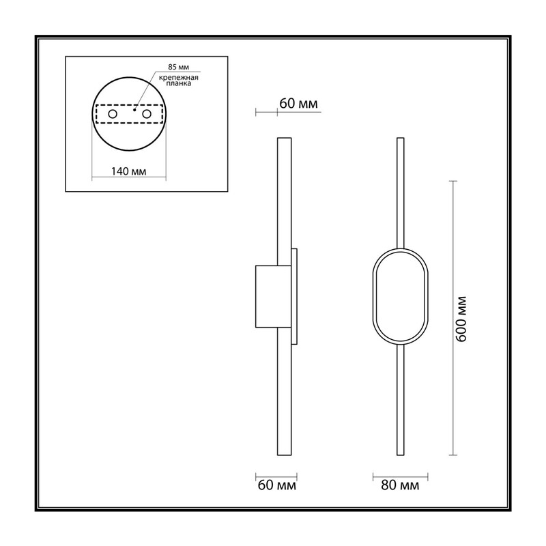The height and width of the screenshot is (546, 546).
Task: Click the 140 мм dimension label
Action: click(128, 171)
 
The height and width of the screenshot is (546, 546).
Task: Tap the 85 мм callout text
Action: click(179, 67)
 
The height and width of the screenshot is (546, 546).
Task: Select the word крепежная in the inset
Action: click(179, 78)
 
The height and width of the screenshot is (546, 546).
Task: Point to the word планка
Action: click(179, 83)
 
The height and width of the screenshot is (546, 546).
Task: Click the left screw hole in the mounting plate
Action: click(113, 114)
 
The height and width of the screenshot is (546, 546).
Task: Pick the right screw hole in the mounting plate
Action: click(147, 114)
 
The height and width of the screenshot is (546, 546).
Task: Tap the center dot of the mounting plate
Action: click(134, 110)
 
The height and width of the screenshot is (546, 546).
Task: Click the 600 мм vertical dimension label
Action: click(461, 319)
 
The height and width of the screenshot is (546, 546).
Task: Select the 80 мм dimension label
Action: click(400, 485)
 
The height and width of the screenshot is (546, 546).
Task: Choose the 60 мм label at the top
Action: click(299, 104)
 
